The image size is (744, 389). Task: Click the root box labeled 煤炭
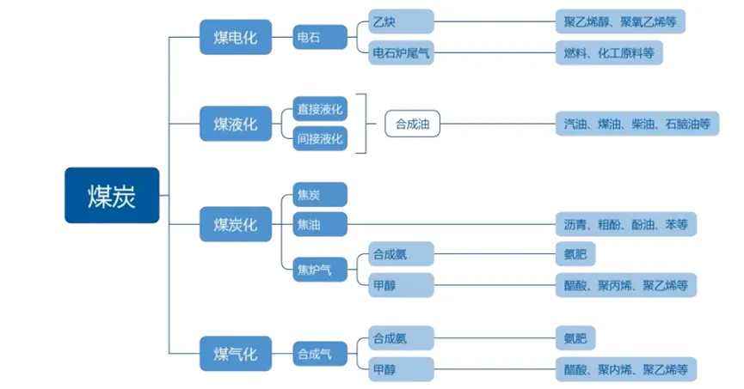click(x=112, y=195)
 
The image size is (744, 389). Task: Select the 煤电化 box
click(x=235, y=38)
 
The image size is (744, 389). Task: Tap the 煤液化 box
click(x=235, y=125)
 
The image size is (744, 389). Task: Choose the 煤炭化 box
click(x=235, y=225)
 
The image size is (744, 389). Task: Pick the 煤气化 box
click(x=235, y=352)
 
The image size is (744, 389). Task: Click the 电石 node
click(x=319, y=38)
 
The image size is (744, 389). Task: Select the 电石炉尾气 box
click(x=400, y=53)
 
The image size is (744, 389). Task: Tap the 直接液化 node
click(x=319, y=109)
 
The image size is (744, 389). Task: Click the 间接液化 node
click(x=319, y=138)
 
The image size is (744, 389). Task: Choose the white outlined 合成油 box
click(x=417, y=125)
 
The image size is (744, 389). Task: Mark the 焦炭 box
click(x=319, y=195)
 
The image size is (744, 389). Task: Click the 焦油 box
click(x=319, y=225)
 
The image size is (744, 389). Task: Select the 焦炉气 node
click(x=319, y=270)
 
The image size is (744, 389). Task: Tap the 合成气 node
click(x=319, y=352)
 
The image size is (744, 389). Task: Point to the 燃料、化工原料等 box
click(x=609, y=53)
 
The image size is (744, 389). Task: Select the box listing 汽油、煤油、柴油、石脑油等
click(x=636, y=125)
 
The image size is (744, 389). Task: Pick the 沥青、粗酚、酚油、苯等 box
click(x=625, y=225)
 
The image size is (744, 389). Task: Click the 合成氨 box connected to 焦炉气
click(x=400, y=254)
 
